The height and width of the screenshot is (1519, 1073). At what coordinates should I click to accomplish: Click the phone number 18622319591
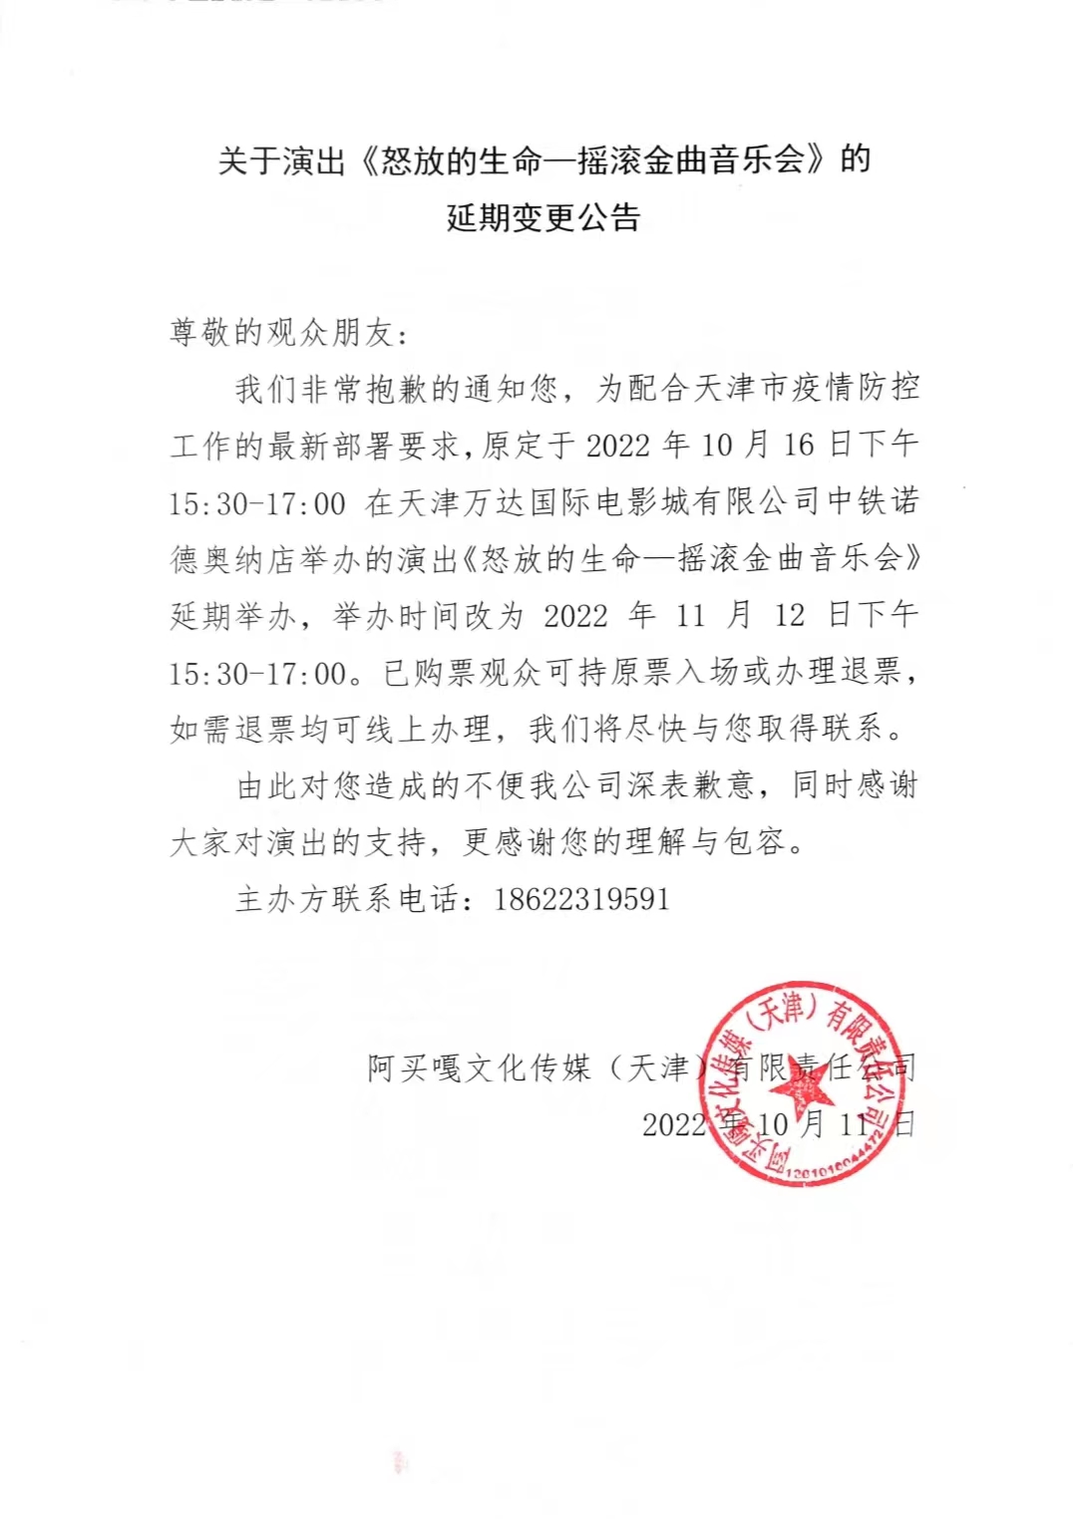pos(581,899)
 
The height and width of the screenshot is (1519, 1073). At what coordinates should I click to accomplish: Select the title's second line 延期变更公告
pos(543,217)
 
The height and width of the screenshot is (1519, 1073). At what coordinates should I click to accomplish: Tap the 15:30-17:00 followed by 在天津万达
pos(257,503)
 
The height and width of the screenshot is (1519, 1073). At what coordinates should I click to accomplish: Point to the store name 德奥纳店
pos(248,559)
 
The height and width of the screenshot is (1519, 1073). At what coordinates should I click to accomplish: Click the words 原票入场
pos(673,673)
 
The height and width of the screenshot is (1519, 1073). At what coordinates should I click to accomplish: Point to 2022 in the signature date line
pos(674,1125)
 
